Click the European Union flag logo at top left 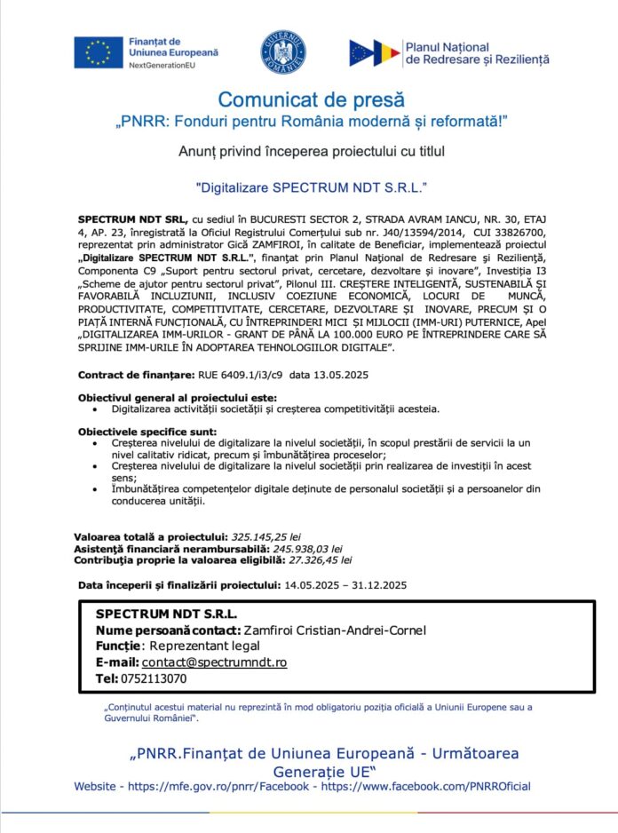99,52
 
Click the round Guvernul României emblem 283,52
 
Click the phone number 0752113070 154,678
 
